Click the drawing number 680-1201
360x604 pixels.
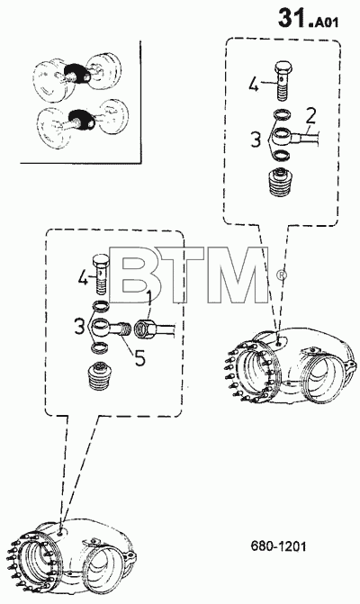coord(278,545)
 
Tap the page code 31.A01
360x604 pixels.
coord(308,19)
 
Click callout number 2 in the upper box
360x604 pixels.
coord(310,116)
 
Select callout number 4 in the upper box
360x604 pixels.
coord(253,85)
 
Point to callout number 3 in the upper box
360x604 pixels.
coord(256,140)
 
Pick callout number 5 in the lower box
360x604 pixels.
coord(139,358)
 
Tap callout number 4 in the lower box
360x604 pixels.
coord(82,277)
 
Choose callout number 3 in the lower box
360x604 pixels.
coord(80,327)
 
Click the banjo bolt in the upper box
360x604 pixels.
coord(284,81)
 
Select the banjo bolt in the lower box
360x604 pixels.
coord(102,275)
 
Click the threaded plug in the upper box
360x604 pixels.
coord(279,183)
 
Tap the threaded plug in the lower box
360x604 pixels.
coord(97,375)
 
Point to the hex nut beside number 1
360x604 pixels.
coord(146,329)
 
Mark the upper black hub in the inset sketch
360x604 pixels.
coord(77,74)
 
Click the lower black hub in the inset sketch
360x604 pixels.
coord(82,119)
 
